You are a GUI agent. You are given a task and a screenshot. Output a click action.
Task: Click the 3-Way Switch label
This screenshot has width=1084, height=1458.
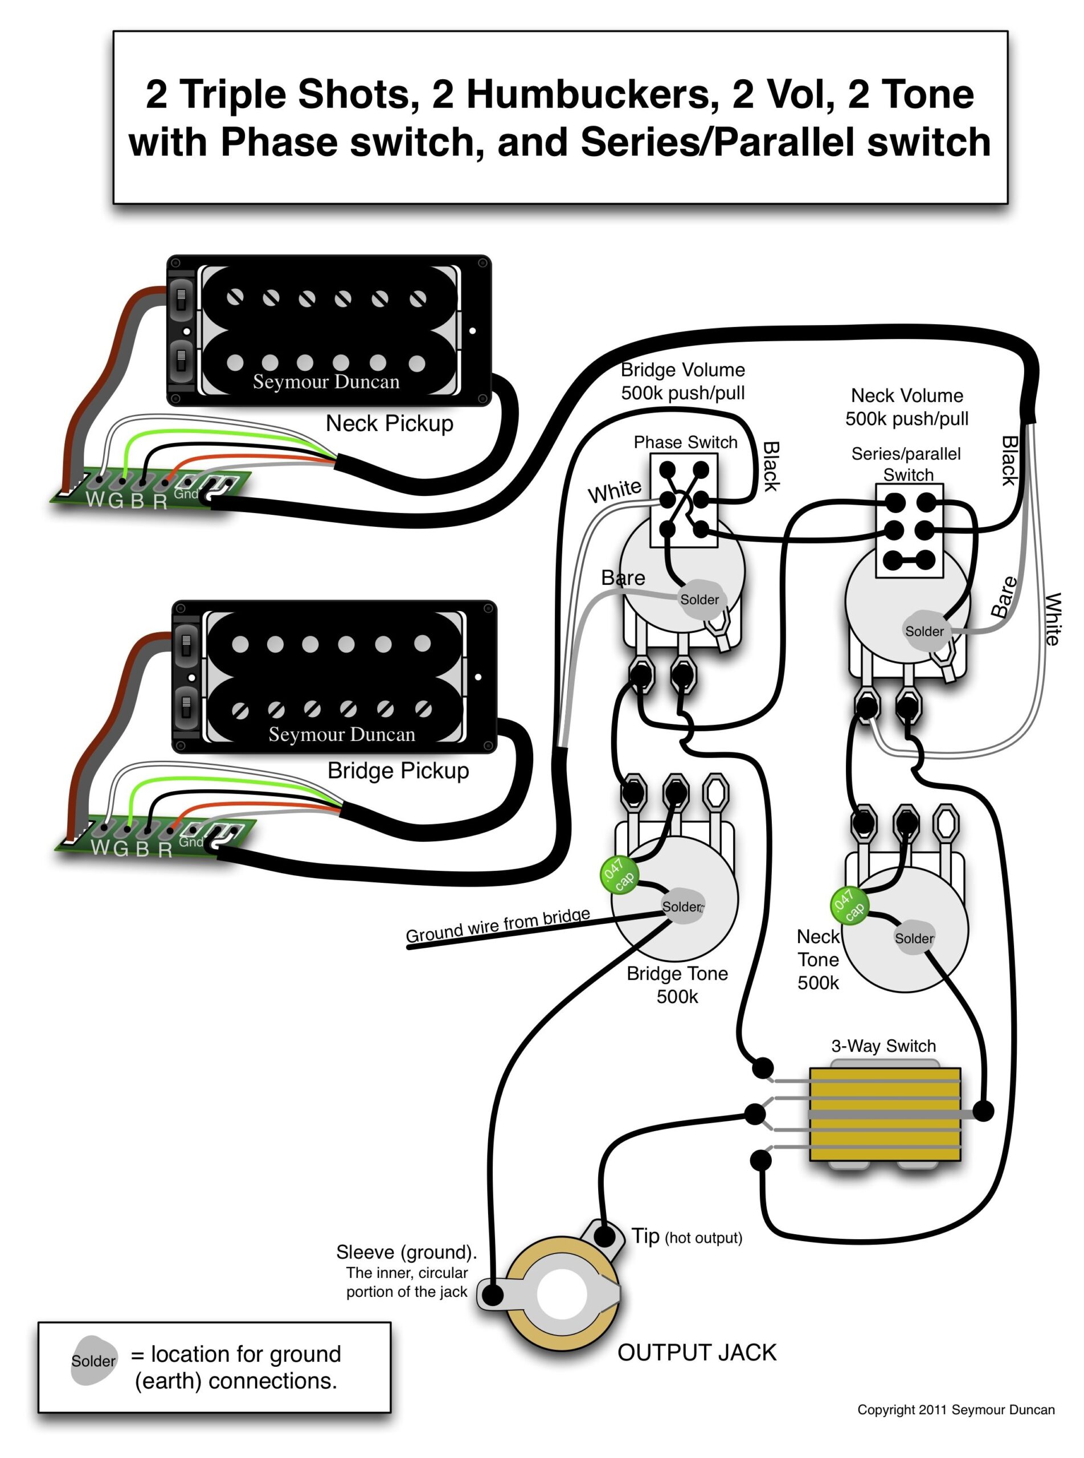[883, 1046]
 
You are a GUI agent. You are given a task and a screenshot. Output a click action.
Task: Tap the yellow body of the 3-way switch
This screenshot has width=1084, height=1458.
[885, 1115]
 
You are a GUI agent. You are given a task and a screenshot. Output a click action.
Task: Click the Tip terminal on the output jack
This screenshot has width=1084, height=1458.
[604, 1236]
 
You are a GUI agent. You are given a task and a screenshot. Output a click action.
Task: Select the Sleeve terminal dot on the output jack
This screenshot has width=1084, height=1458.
[493, 1295]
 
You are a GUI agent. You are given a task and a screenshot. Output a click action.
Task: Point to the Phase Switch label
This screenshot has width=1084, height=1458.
[685, 442]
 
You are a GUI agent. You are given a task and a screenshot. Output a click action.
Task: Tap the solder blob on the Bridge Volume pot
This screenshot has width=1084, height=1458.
[700, 599]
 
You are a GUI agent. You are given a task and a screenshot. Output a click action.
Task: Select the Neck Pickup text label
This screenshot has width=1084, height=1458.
[389, 424]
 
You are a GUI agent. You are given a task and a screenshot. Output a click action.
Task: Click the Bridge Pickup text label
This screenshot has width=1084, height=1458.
[398, 770]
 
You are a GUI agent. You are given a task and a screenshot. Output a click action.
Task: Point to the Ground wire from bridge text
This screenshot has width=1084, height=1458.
[497, 925]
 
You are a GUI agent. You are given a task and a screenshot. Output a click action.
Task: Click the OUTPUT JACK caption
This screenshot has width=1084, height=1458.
[696, 1353]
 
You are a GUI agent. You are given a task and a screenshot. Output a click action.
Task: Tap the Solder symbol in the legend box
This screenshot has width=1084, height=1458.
[93, 1361]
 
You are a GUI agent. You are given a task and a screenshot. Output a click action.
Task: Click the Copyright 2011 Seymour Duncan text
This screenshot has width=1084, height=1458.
[955, 1410]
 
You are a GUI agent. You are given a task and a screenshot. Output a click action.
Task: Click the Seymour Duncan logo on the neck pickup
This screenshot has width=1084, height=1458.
[326, 382]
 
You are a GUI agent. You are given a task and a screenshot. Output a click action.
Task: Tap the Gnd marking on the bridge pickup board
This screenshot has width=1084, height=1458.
[191, 841]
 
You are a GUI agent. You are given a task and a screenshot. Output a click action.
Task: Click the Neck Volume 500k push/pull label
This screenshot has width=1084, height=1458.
[906, 407]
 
